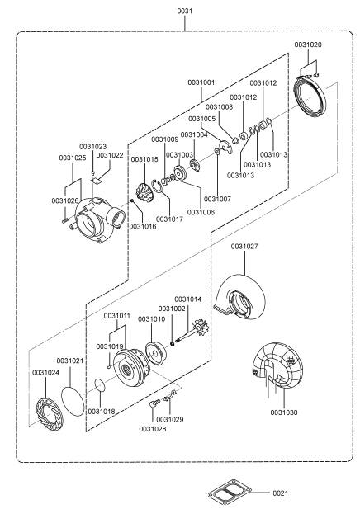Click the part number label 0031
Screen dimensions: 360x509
tap(185, 11)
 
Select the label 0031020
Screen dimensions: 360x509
tap(308, 45)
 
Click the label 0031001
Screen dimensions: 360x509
tap(201, 82)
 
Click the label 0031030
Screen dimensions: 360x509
tap(284, 412)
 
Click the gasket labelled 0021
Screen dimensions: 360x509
tap(230, 494)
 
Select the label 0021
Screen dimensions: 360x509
tap(281, 493)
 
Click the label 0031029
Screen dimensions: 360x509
tap(170, 419)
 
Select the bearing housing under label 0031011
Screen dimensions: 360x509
tap(131, 368)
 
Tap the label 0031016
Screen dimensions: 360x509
tap(143, 226)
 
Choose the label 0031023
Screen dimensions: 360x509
tap(93, 146)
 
